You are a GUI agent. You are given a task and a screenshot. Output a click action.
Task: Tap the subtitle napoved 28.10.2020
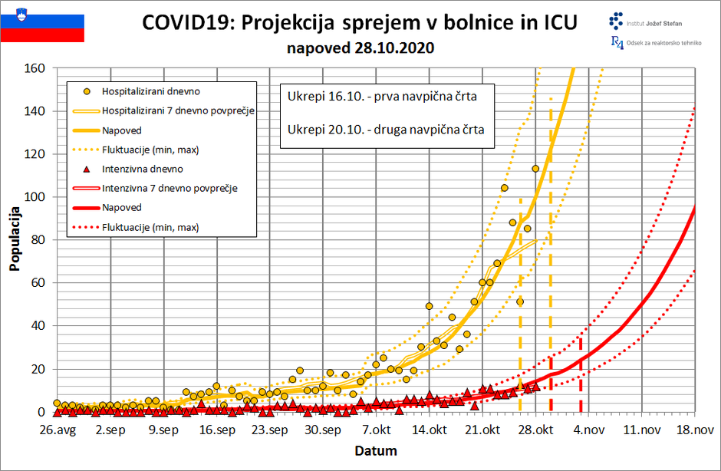pos(360,48)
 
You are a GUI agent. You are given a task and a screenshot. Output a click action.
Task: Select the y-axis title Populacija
pos(15,239)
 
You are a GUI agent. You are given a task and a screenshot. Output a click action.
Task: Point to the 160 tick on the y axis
pos(36,68)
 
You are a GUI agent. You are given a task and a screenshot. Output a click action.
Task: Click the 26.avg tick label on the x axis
pos(57,430)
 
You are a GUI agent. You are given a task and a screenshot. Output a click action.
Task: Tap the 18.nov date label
pos(693,430)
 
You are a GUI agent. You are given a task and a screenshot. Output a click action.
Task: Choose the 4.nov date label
pos(588,430)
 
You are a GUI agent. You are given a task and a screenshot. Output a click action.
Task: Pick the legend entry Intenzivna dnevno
pos(142,169)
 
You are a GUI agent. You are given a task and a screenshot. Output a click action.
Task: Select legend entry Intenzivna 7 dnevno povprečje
pos(169,188)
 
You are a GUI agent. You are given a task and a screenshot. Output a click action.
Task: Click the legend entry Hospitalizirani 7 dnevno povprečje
pos(178,110)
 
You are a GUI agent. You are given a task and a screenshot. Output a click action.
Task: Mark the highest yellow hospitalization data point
pos(535,169)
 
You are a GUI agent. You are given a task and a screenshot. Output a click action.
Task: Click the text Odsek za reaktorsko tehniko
pos(663,43)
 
